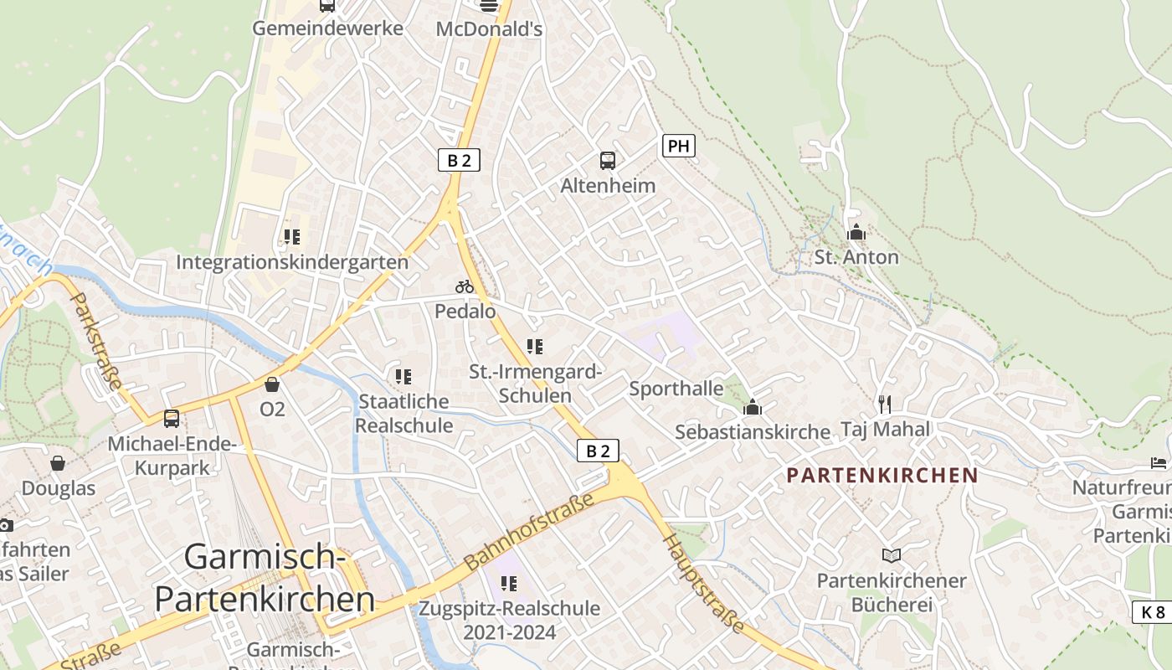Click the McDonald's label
click(489, 29)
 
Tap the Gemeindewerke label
click(327, 28)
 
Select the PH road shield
click(678, 146)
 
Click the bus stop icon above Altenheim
click(608, 161)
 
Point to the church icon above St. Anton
click(856, 232)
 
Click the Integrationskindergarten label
click(292, 262)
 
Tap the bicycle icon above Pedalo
click(465, 286)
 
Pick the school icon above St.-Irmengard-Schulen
click(535, 346)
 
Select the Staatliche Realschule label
click(404, 413)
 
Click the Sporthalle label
click(676, 389)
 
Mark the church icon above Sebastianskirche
click(752, 408)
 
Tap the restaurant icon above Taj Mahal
click(885, 405)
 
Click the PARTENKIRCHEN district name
click(882, 475)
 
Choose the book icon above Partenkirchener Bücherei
click(892, 555)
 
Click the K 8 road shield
click(1153, 611)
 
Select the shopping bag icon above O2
click(272, 384)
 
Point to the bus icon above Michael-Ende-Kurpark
click(172, 418)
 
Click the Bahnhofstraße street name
click(529, 530)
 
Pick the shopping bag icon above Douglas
click(58, 463)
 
